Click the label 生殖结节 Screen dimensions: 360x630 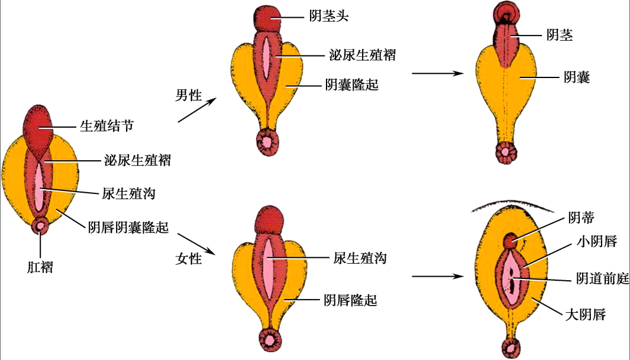click(104, 127)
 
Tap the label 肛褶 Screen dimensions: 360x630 click(40, 267)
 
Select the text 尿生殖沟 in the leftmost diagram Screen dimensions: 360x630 click(122, 193)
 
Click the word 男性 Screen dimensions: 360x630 click(189, 95)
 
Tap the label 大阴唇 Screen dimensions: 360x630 click(586, 314)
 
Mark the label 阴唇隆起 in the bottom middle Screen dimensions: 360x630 click(350, 300)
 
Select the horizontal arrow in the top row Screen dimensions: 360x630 click(437, 73)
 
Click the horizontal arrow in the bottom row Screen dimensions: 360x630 click(437, 275)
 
